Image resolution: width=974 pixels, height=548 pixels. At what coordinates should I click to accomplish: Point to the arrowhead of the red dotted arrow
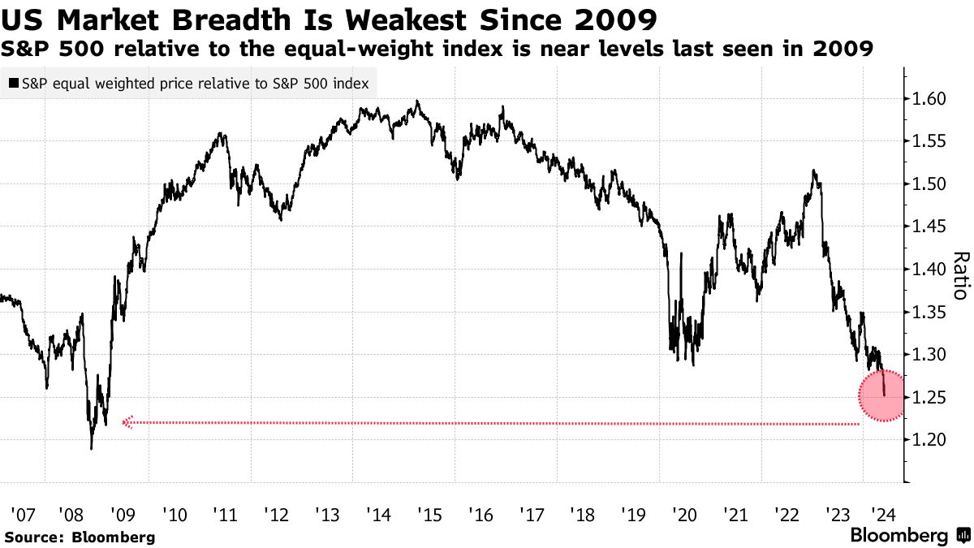[x=125, y=422]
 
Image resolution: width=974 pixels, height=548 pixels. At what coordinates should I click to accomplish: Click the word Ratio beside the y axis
[x=960, y=276]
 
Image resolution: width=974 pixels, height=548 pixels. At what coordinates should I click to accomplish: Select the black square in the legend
[x=14, y=83]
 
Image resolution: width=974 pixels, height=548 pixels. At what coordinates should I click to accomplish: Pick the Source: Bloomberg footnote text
[x=79, y=537]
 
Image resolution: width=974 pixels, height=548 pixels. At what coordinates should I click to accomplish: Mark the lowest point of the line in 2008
[x=91, y=448]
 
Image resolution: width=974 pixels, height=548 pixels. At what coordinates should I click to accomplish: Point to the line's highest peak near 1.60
[x=416, y=101]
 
